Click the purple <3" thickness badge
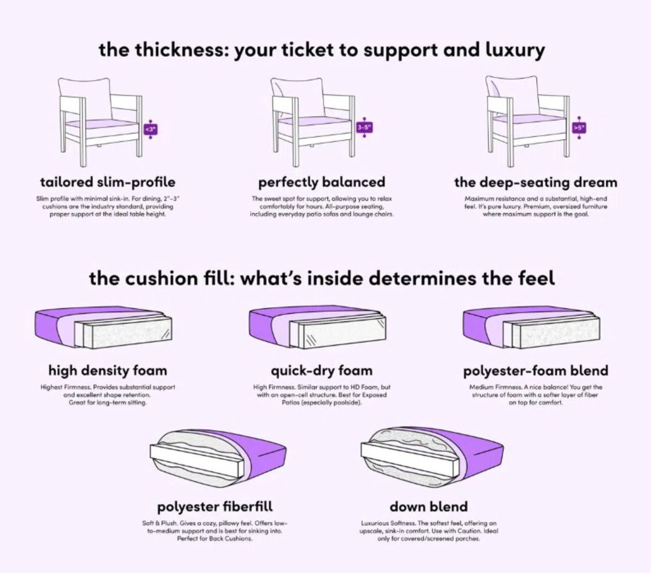150,129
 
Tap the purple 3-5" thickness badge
364,127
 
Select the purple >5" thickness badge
579,128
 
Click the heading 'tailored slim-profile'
108,182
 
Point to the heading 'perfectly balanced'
322,182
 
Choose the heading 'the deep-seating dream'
536,182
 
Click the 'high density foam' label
108,370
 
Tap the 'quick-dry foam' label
322,370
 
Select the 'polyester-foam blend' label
536,370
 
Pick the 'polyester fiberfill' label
215,507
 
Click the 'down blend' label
429,507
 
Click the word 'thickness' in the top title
181,50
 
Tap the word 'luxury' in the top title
515,50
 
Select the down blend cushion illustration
432,457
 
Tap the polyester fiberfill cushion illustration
218,458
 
